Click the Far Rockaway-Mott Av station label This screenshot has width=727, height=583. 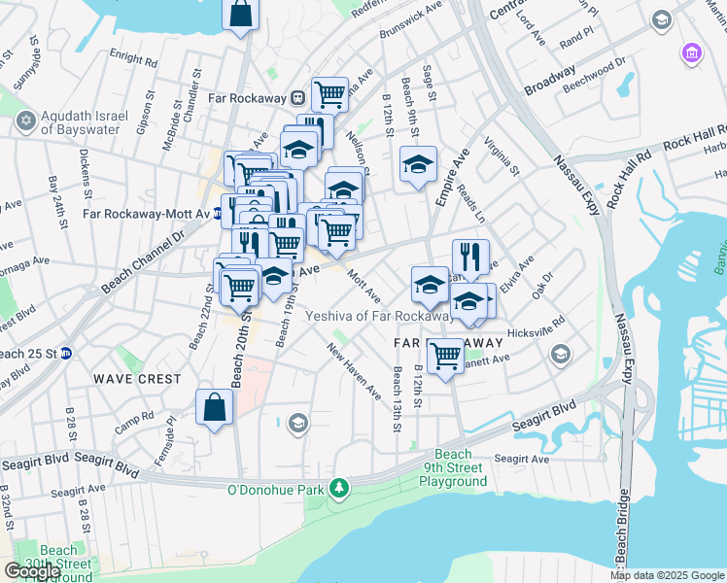pos(146,214)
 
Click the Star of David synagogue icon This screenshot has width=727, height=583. pos(25,121)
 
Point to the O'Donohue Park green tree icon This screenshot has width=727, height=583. pos(338,488)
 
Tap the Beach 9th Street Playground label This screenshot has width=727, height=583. pos(453,468)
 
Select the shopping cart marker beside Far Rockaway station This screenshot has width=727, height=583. pos(330,93)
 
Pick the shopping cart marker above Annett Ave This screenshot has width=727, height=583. pos(445,355)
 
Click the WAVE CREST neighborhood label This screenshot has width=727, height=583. pos(137,378)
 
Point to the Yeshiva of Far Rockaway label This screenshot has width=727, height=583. pos(379,316)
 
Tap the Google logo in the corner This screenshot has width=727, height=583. pos(32,571)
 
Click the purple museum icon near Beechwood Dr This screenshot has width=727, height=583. pos(692,51)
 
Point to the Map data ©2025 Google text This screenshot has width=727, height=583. pos(668,575)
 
